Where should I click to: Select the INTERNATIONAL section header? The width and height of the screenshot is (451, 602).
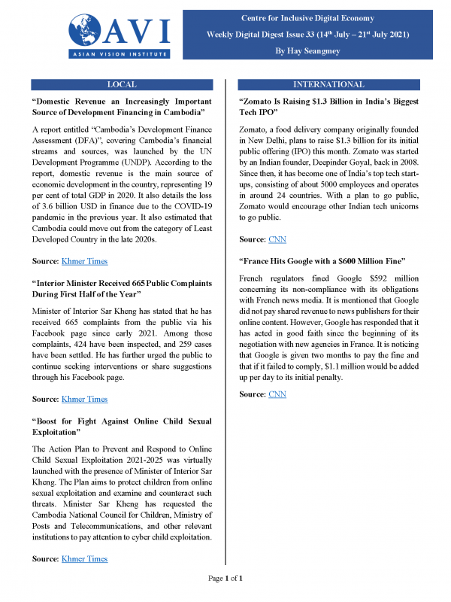click(328, 84)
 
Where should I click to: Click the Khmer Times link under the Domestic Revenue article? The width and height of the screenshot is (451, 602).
click(83, 261)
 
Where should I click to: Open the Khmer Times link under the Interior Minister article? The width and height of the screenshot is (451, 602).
click(83, 399)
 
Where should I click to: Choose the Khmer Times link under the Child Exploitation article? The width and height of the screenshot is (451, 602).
click(83, 558)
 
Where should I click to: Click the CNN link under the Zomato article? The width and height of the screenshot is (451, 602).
click(277, 239)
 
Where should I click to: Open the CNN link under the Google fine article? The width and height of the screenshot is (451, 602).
click(277, 394)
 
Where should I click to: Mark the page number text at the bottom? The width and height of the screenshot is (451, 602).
click(225, 578)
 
